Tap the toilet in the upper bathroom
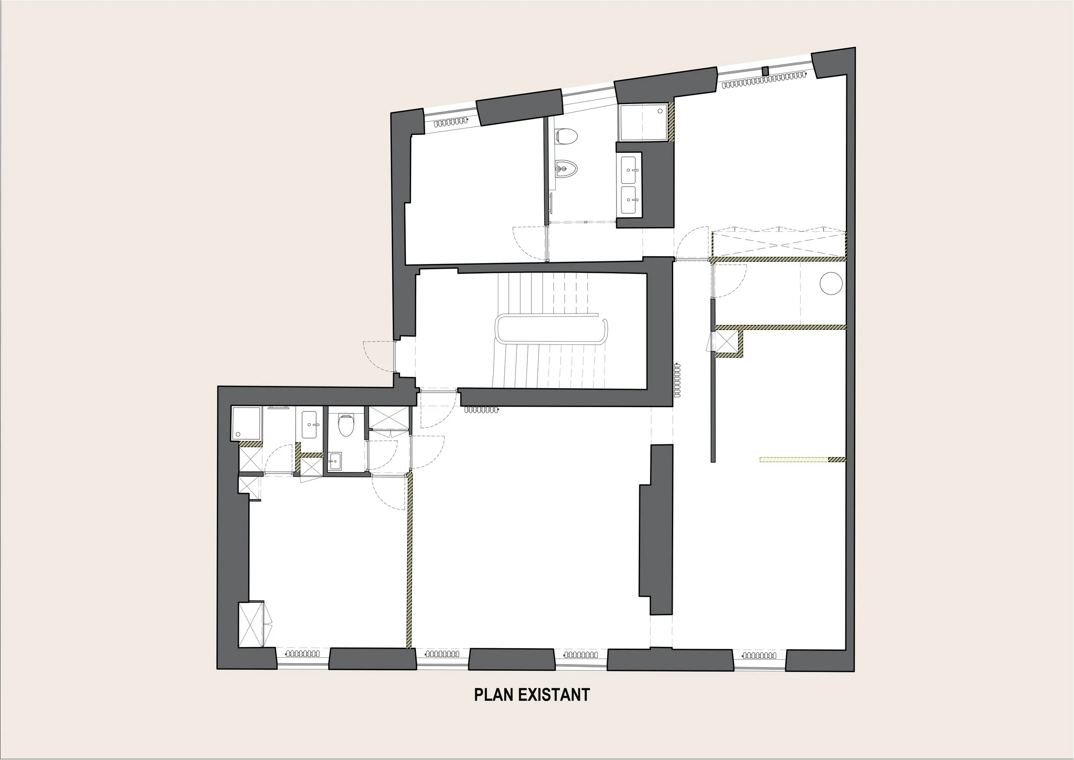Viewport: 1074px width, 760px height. pos(567,136)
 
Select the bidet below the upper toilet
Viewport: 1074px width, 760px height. pos(566,168)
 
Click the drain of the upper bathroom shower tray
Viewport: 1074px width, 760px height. pos(660,111)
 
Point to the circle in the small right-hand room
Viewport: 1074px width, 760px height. pos(831,284)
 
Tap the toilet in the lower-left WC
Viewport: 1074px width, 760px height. pos(346,424)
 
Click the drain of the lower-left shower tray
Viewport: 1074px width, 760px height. pos(238,434)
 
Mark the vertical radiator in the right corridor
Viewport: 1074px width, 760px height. pos(677,380)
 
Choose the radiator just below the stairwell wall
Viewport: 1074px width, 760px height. pos(482,411)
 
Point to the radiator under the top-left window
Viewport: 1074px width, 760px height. pos(450,123)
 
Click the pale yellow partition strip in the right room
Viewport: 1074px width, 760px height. pos(794,460)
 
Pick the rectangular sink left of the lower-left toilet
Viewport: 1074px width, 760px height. pos(310,424)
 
